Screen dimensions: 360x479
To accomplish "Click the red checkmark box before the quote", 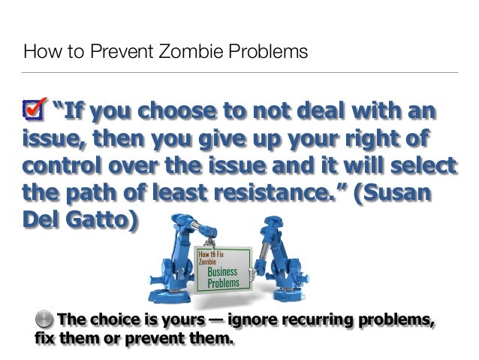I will pos(35,110).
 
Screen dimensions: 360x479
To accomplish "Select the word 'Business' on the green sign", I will pos(223,272).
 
